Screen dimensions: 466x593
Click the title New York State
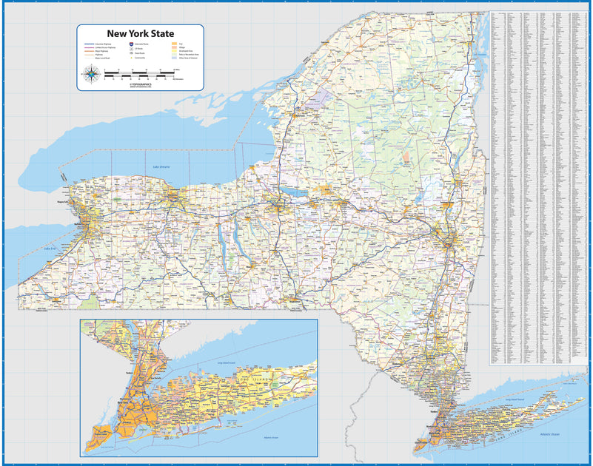(x=141, y=33)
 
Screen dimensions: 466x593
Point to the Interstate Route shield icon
(x=131, y=44)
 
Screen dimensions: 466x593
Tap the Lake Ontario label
(x=161, y=167)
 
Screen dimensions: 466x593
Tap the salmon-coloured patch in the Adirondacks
(x=406, y=158)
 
